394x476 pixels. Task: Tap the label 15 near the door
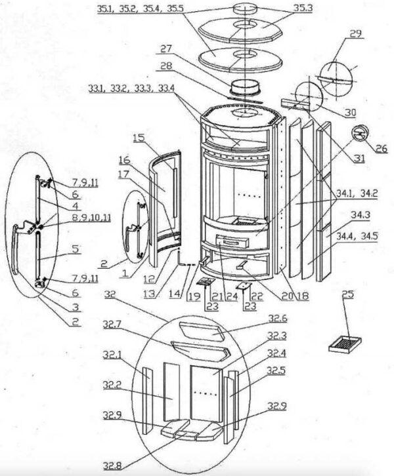138,138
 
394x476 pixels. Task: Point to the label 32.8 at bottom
113,466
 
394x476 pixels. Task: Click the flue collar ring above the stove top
246,87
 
